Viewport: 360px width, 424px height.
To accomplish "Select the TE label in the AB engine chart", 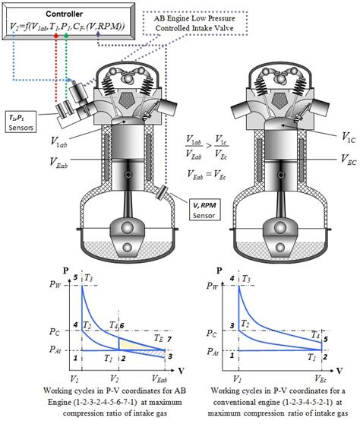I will point(156,337).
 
